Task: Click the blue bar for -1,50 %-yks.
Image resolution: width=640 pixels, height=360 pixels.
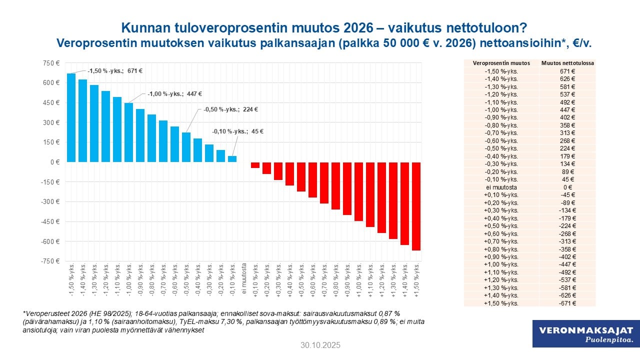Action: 71,117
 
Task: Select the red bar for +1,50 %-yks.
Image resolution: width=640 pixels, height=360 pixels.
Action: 416,206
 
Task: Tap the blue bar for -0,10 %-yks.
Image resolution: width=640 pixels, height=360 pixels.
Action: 232,159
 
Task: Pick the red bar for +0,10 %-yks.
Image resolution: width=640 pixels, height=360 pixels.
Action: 255,165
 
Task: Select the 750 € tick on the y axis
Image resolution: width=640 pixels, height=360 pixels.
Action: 51,63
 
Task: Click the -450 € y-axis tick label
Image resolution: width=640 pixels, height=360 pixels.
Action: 50,221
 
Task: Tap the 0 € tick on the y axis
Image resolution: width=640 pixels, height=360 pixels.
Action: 54,162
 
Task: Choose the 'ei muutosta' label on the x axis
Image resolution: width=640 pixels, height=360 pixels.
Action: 244,275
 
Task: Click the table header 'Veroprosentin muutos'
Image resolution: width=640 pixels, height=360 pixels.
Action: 501,63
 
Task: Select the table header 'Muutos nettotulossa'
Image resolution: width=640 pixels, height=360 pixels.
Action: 567,63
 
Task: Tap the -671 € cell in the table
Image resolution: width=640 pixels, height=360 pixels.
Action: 567,303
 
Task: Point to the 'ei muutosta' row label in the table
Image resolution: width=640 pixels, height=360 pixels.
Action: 501,187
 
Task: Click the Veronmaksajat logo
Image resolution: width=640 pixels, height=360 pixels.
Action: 586,333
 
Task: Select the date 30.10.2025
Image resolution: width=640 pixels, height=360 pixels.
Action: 320,345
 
